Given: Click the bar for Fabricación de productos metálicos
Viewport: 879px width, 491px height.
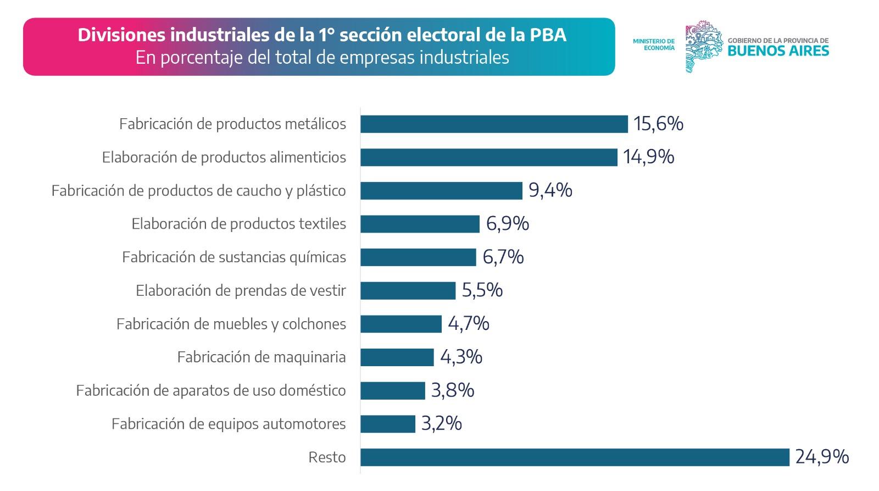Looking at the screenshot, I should (494, 124).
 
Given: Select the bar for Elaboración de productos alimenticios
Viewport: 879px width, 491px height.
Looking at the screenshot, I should (489, 157).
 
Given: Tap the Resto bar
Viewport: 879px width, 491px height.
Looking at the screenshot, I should (575, 457).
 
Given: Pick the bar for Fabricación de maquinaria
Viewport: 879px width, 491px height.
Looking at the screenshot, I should (397, 357).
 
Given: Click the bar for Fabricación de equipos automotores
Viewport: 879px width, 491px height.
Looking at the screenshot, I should (388, 424).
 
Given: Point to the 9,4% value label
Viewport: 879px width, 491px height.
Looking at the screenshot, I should (550, 190).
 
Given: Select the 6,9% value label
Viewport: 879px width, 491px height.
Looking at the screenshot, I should (507, 224).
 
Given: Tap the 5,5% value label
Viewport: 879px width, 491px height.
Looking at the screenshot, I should (482, 290).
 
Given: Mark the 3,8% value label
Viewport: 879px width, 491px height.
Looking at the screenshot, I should (453, 390).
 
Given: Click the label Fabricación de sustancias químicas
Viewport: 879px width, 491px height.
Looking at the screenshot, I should (234, 257).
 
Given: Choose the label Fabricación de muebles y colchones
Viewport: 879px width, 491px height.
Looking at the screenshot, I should (231, 324).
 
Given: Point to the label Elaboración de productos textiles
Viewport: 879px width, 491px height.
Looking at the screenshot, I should (239, 224).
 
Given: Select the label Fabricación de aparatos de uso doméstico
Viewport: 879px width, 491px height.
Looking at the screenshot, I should (211, 390).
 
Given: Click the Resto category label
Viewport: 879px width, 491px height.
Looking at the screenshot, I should (327, 457).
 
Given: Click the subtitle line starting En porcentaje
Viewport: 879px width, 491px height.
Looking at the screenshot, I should (322, 58).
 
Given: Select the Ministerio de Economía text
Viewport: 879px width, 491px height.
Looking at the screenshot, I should (654, 45).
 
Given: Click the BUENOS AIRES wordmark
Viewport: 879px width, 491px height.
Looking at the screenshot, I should (778, 51).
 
